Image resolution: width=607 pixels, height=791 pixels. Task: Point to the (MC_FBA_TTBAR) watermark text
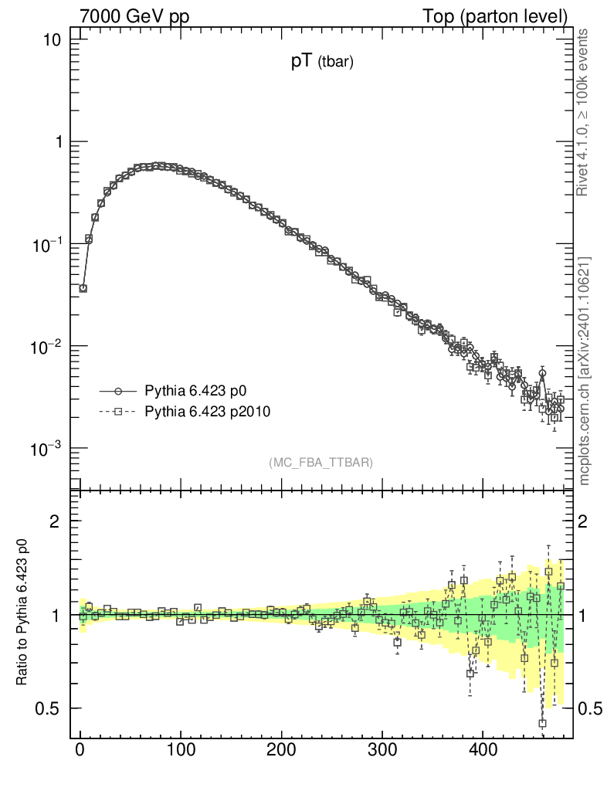[x=321, y=463]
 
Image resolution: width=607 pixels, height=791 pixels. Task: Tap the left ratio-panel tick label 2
[x=55, y=521]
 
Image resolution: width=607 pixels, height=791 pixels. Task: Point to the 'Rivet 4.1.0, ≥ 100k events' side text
[x=584, y=113]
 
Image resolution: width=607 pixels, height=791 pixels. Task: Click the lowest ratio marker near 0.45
[x=543, y=724]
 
